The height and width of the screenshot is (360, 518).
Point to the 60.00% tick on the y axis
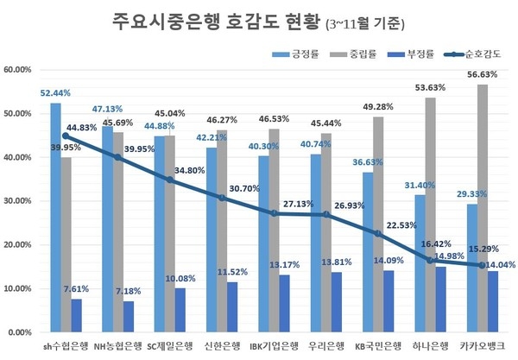tap(18, 70)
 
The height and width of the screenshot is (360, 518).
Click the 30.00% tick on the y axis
tap(18, 201)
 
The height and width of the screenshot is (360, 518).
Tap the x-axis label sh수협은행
tap(66, 346)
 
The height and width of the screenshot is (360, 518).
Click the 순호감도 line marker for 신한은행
tap(222, 198)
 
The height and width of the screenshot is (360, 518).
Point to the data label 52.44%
tap(55, 92)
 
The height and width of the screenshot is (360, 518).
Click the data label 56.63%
tap(481, 74)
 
